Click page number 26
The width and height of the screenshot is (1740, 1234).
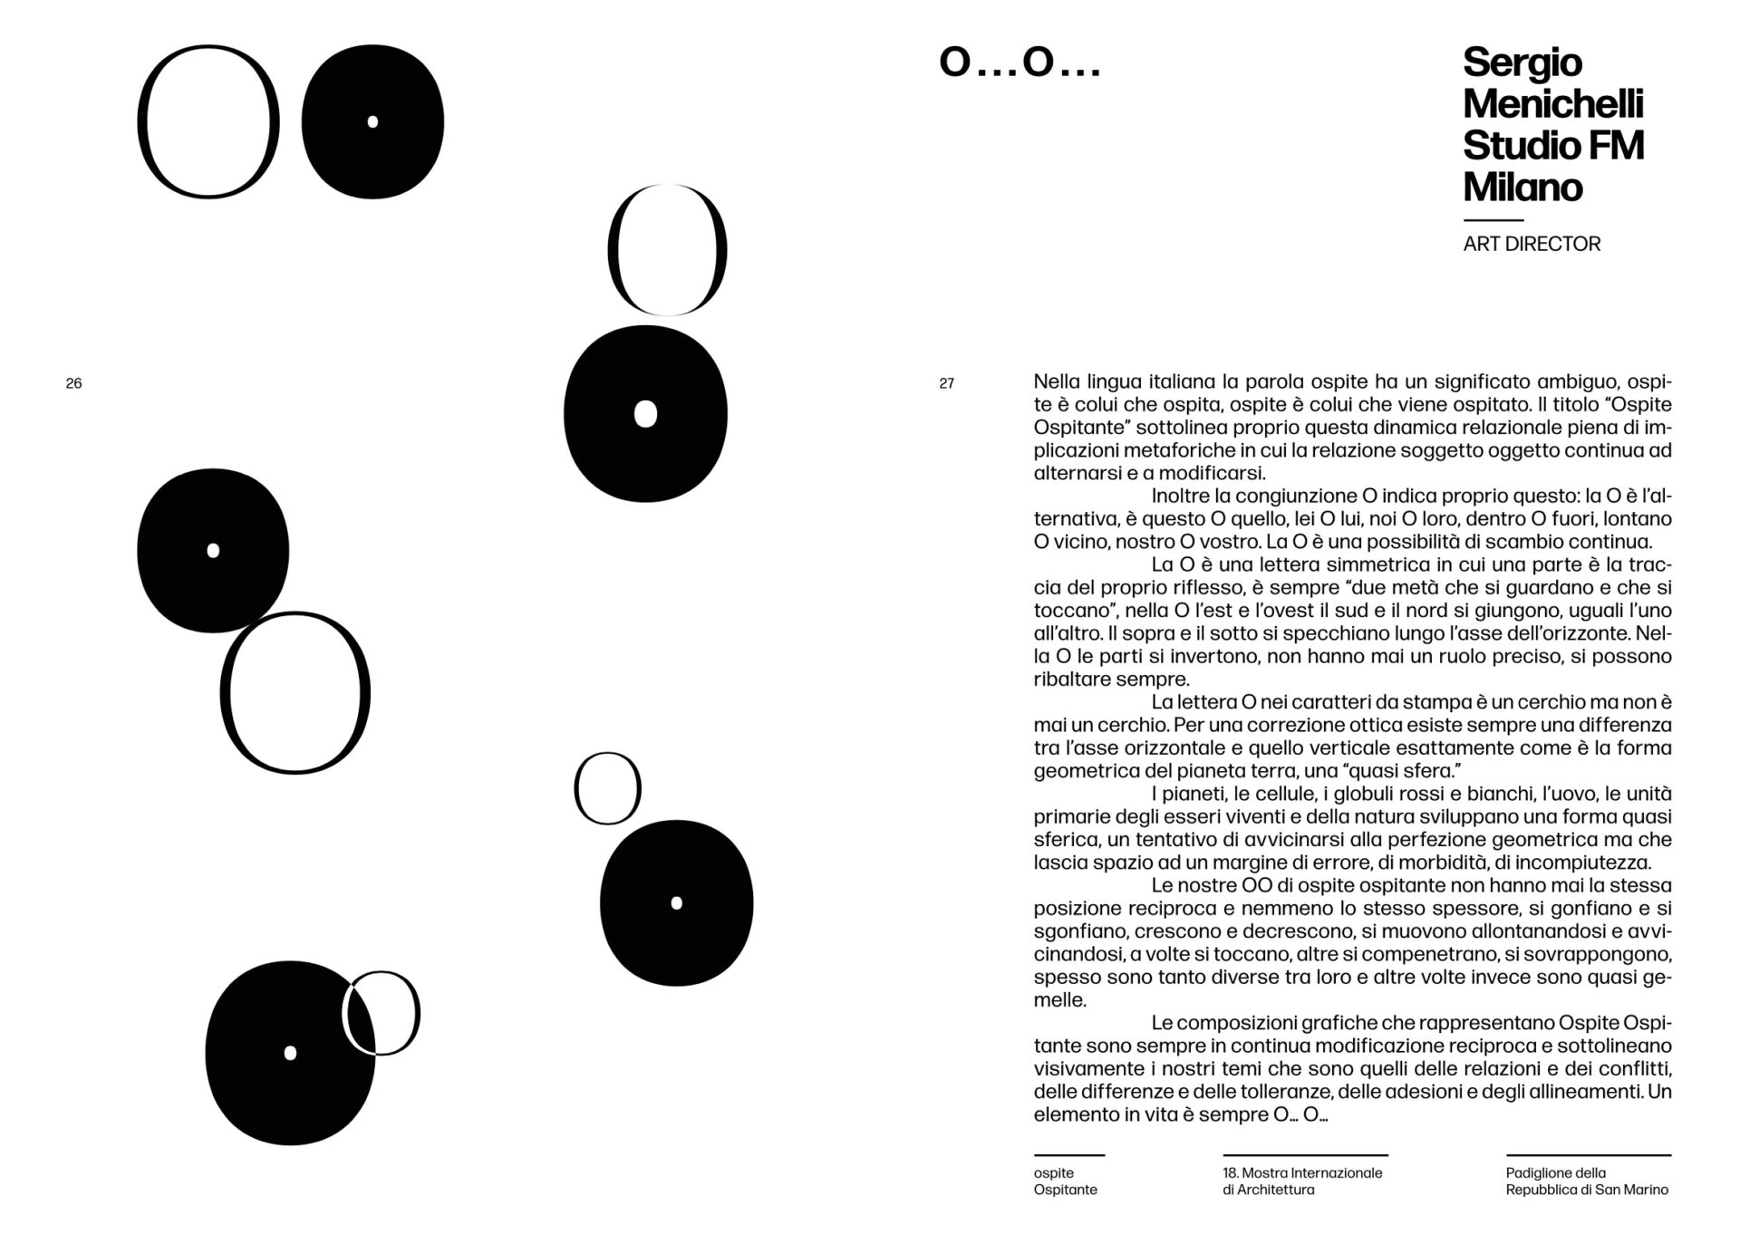tap(74, 383)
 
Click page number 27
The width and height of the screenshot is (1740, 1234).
tap(946, 383)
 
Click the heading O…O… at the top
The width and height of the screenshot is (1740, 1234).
tap(1020, 63)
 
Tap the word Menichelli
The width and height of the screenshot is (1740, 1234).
tap(1552, 103)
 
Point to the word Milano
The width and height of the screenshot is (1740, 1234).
tap(1522, 187)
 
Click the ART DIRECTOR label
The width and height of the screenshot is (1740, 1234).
tap(1532, 244)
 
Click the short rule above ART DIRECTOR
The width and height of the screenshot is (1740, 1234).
tap(1493, 220)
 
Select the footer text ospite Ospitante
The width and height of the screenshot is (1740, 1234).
tap(1065, 1181)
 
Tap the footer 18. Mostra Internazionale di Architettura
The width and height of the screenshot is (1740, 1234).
tap(1302, 1181)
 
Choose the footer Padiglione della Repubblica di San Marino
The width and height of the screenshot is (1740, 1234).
tap(1586, 1181)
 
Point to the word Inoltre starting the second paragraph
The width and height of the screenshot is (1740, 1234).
tap(1182, 496)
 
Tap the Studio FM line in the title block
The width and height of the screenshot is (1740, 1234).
tap(1552, 145)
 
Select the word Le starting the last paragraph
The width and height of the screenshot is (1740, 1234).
tap(1162, 1023)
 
